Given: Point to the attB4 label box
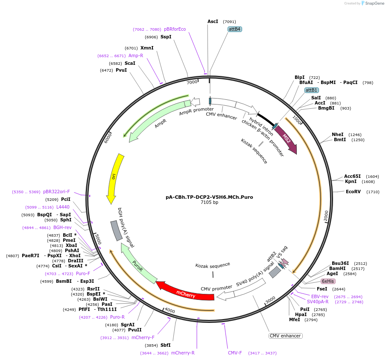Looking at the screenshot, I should (235, 29).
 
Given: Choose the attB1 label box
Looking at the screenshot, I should (311, 90).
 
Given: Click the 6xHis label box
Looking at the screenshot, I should (328, 282).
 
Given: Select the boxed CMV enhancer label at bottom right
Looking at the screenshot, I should (285, 336).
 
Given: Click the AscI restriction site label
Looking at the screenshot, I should (213, 21).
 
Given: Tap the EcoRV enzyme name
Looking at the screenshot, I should (353, 192).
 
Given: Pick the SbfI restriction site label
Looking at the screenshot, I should (165, 345).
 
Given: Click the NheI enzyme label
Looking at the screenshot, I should (337, 134).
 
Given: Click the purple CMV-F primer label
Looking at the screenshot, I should (235, 353).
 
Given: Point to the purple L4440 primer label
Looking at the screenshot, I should (59, 207).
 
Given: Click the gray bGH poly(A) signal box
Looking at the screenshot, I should (117, 231).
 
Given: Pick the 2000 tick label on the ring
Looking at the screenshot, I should (326, 216).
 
